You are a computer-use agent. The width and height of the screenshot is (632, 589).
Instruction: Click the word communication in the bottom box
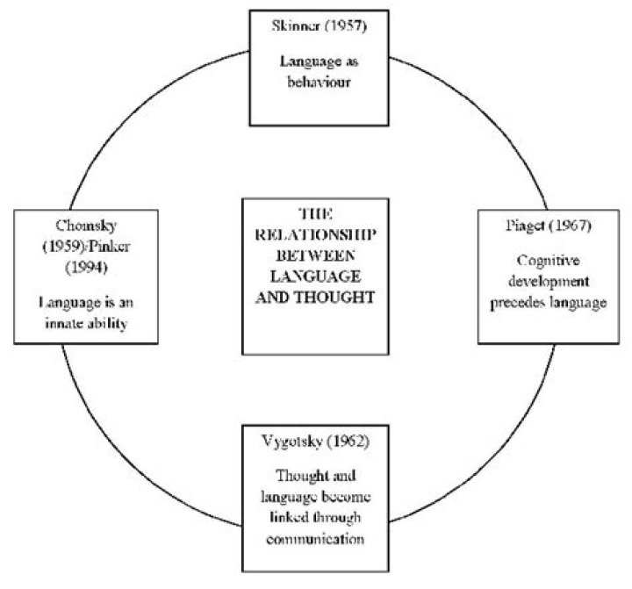coord(315,539)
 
